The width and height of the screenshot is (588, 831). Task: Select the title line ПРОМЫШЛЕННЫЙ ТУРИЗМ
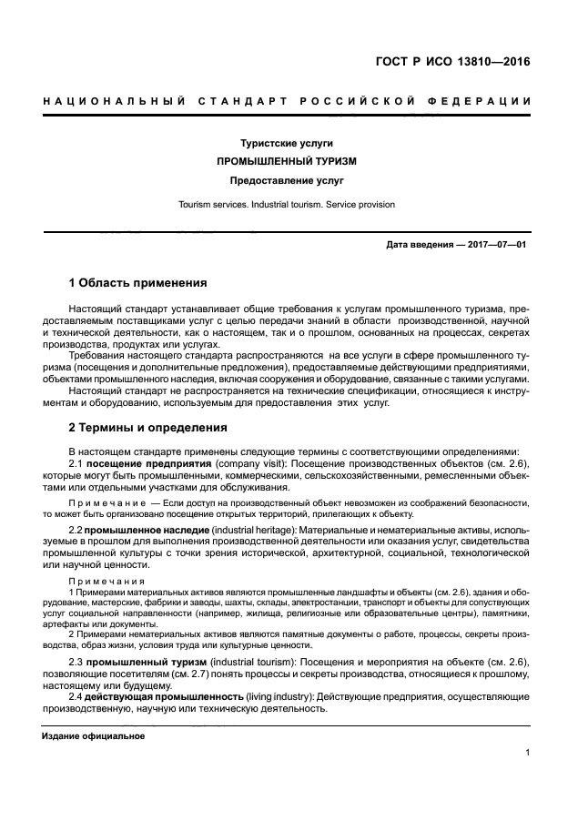[x=286, y=161]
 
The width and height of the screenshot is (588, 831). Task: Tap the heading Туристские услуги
[x=286, y=144]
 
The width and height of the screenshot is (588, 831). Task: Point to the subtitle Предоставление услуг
[x=286, y=180]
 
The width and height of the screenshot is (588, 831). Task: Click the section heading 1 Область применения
[x=137, y=283]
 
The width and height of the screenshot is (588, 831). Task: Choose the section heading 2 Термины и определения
[x=148, y=427]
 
